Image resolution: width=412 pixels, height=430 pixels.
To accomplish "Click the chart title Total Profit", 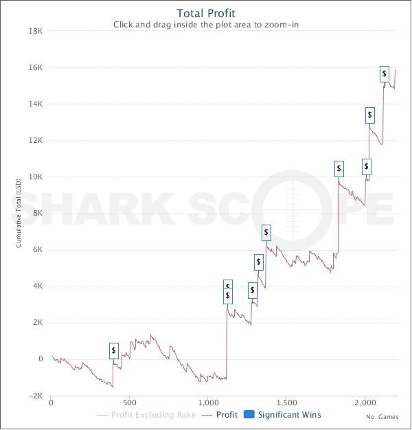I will pyautogui.click(x=206, y=13).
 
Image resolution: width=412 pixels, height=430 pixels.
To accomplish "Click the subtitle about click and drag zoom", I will pyautogui.click(x=206, y=25).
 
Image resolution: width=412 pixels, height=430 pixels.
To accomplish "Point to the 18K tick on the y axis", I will pyautogui.click(x=35, y=31).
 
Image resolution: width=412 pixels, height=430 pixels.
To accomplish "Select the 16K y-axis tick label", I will pyautogui.click(x=35, y=67).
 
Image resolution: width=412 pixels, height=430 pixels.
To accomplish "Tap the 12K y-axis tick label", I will pyautogui.click(x=35, y=140).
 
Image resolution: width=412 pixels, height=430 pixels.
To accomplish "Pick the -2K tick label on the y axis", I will pyautogui.click(x=36, y=396).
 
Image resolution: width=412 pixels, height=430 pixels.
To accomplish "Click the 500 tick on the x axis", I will pyautogui.click(x=130, y=403).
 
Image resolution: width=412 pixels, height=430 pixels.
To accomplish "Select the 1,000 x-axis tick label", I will pyautogui.click(x=207, y=403).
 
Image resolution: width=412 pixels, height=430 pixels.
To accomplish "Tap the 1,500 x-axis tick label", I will pyautogui.click(x=286, y=403).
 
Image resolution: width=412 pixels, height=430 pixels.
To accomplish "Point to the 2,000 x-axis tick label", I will pyautogui.click(x=365, y=403).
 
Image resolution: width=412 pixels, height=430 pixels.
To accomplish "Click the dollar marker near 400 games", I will pyautogui.click(x=114, y=351).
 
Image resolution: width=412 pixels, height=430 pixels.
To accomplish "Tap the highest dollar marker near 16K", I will pyautogui.click(x=385, y=73).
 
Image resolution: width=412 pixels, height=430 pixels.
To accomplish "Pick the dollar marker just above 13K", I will pyautogui.click(x=370, y=115).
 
